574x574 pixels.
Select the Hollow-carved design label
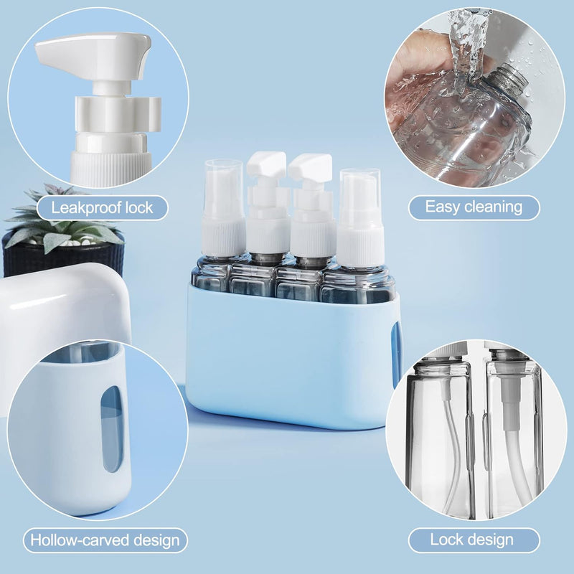105,540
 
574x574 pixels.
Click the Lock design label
474,540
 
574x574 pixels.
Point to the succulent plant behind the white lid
62,220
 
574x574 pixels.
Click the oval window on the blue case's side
396,355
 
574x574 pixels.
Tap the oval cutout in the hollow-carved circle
112,428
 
